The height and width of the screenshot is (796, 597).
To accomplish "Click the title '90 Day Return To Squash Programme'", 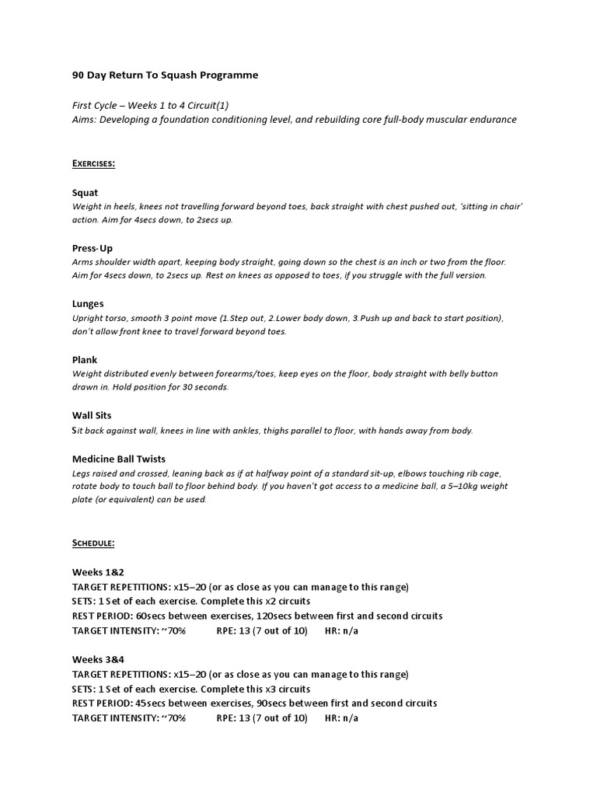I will (165, 75).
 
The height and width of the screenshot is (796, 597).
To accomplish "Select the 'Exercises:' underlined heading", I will (93, 163).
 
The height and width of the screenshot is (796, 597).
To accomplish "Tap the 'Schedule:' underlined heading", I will (93, 543).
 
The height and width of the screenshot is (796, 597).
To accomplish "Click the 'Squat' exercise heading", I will (85, 192).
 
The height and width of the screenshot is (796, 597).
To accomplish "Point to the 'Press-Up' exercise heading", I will (93, 248).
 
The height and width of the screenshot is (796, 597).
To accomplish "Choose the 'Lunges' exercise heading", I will (88, 304).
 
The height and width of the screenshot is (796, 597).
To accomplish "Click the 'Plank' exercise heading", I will (85, 360).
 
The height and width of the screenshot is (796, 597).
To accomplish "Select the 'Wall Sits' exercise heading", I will (92, 416).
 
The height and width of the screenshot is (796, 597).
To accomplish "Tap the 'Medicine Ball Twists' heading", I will (118, 459).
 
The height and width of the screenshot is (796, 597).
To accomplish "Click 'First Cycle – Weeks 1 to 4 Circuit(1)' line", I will (150, 105).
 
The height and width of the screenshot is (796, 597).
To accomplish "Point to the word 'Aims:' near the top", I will (85, 120).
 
